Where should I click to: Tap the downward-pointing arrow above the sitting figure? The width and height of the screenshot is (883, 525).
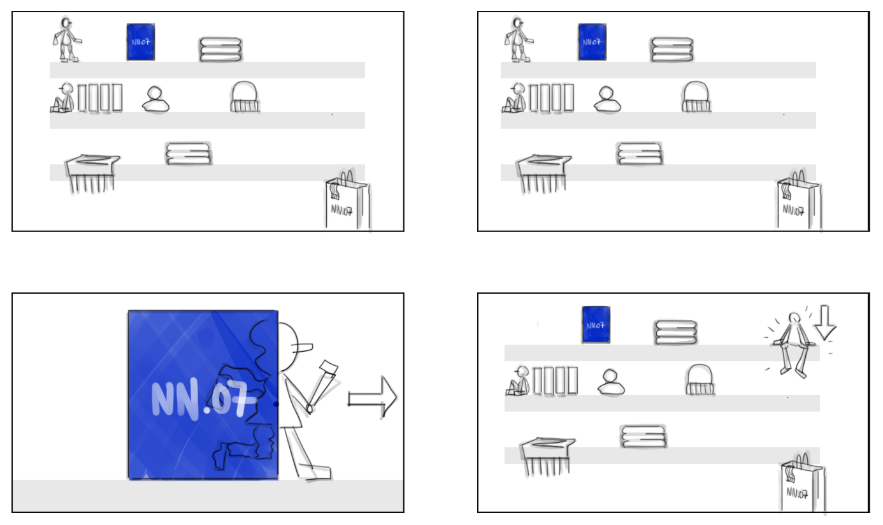click(825, 321)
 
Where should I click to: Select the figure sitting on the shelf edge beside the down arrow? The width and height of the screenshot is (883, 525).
click(792, 344)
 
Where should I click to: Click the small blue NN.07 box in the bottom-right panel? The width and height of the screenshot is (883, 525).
click(596, 325)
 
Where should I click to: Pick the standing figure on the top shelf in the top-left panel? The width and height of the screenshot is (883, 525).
click(66, 40)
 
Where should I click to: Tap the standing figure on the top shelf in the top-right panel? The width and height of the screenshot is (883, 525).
click(518, 40)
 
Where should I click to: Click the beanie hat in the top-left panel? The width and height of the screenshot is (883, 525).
click(245, 97)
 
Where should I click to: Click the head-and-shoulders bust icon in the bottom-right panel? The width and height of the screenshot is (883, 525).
click(610, 382)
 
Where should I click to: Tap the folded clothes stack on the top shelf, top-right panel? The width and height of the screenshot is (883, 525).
click(671, 49)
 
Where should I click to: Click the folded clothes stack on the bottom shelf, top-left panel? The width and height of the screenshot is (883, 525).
click(188, 154)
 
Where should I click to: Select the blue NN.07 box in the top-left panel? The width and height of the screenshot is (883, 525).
click(140, 42)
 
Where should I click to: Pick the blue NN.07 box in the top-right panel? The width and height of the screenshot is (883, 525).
click(592, 42)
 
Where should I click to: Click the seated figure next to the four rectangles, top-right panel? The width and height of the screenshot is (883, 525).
click(513, 99)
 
